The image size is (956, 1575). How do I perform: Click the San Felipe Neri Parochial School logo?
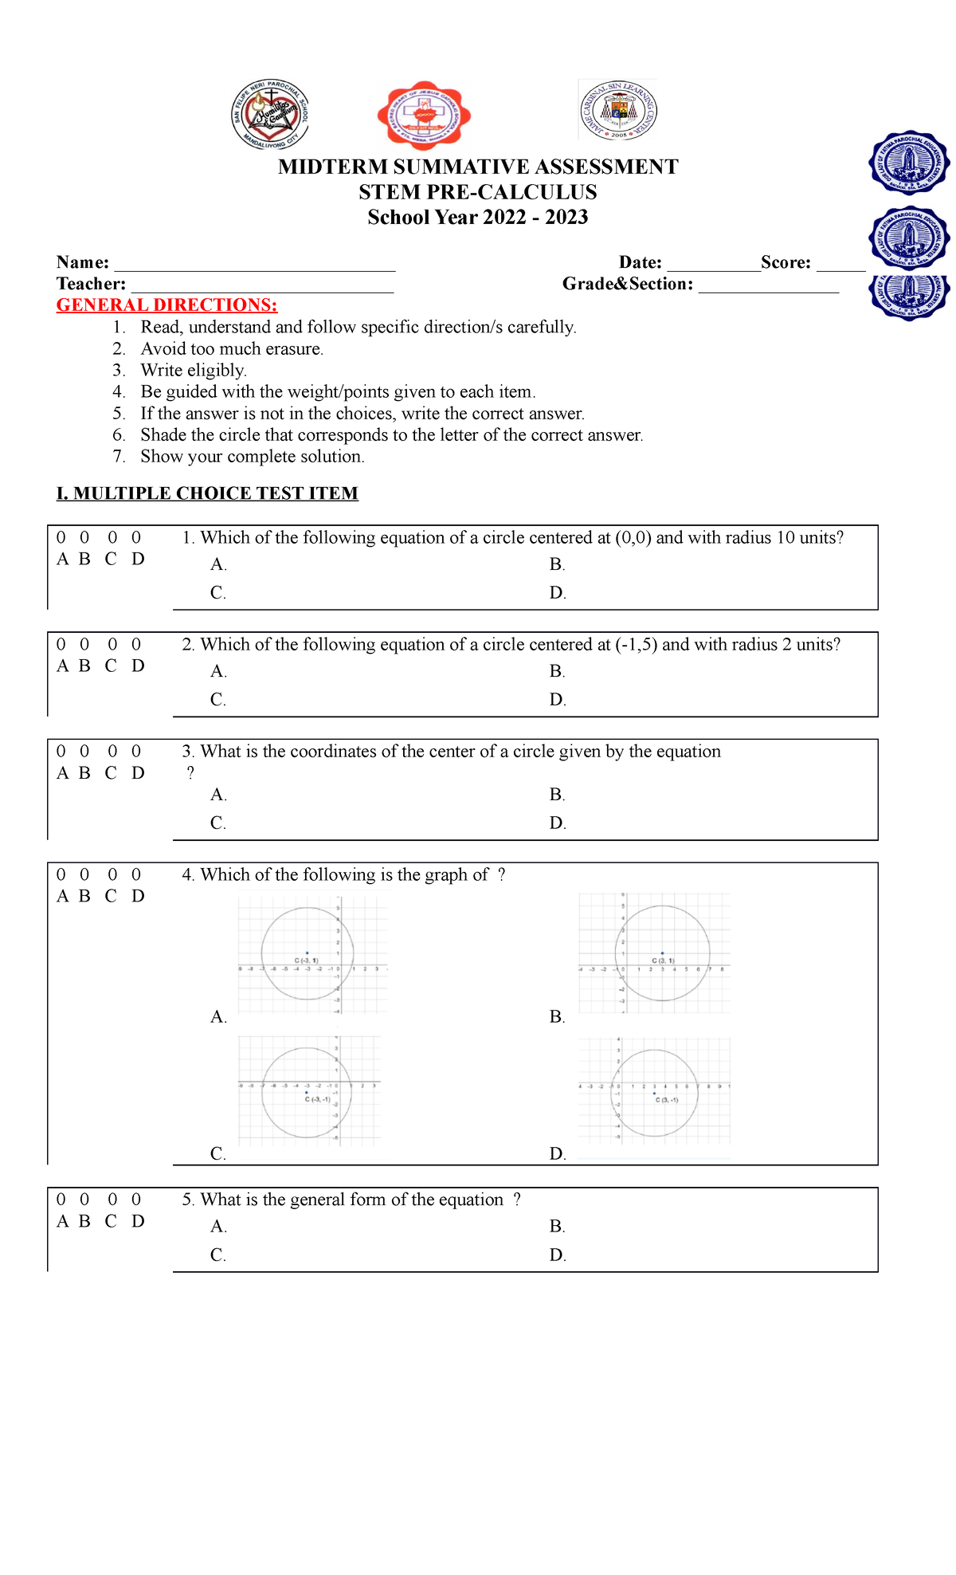pyautogui.click(x=270, y=114)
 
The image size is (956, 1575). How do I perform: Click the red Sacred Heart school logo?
pyautogui.click(x=423, y=116)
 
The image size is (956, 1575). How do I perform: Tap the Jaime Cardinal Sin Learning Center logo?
pyautogui.click(x=618, y=111)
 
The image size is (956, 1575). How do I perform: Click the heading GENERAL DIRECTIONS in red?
pyautogui.click(x=167, y=305)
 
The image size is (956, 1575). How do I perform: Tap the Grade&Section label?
pyautogui.click(x=627, y=285)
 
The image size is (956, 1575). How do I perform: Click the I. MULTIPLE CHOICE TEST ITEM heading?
pyautogui.click(x=207, y=493)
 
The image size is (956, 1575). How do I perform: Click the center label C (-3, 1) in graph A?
pyautogui.click(x=307, y=960)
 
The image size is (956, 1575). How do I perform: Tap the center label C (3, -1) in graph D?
pyautogui.click(x=666, y=1100)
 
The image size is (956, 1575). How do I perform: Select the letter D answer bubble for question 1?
pyautogui.click(x=136, y=538)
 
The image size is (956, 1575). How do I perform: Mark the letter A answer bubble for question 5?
pyautogui.click(x=61, y=1200)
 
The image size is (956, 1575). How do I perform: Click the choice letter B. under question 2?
pyautogui.click(x=557, y=671)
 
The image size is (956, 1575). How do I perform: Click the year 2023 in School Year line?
pyautogui.click(x=566, y=218)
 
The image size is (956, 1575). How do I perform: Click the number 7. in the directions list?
pyautogui.click(x=119, y=457)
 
